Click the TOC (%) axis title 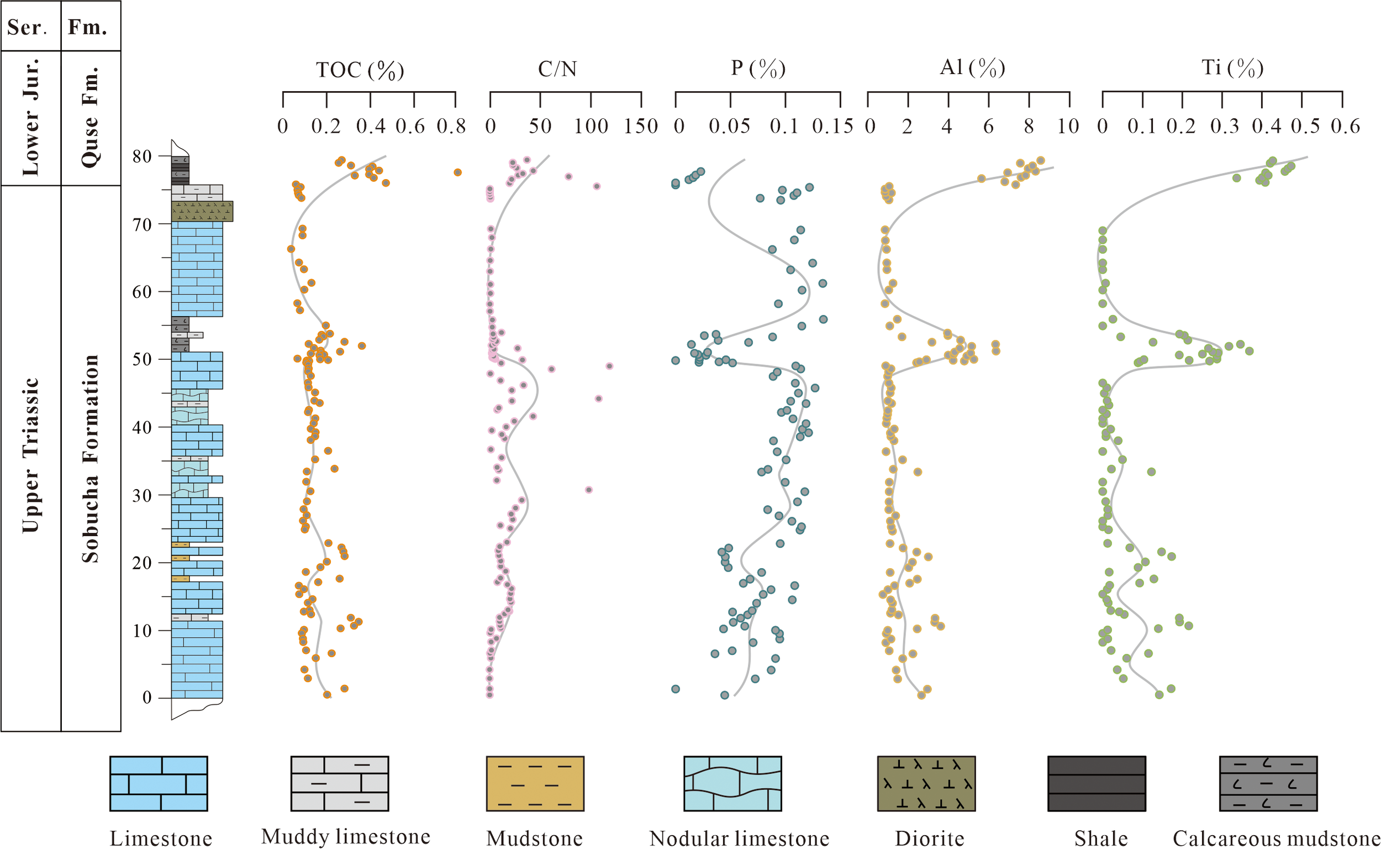360,70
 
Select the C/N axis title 557,69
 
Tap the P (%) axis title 758,69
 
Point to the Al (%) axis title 972,68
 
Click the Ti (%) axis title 1232,68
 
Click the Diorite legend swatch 926,783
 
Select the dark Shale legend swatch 1097,783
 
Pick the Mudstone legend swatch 535,783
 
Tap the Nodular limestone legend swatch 732,783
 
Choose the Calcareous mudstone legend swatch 1268,783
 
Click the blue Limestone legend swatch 159,783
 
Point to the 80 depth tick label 142,156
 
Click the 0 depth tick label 147,698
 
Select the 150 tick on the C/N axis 641,127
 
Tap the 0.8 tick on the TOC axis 451,127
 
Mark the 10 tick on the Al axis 1068,127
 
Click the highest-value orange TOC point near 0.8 458,172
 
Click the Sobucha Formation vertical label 91,458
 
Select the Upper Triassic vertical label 30,455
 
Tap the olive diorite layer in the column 202,211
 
